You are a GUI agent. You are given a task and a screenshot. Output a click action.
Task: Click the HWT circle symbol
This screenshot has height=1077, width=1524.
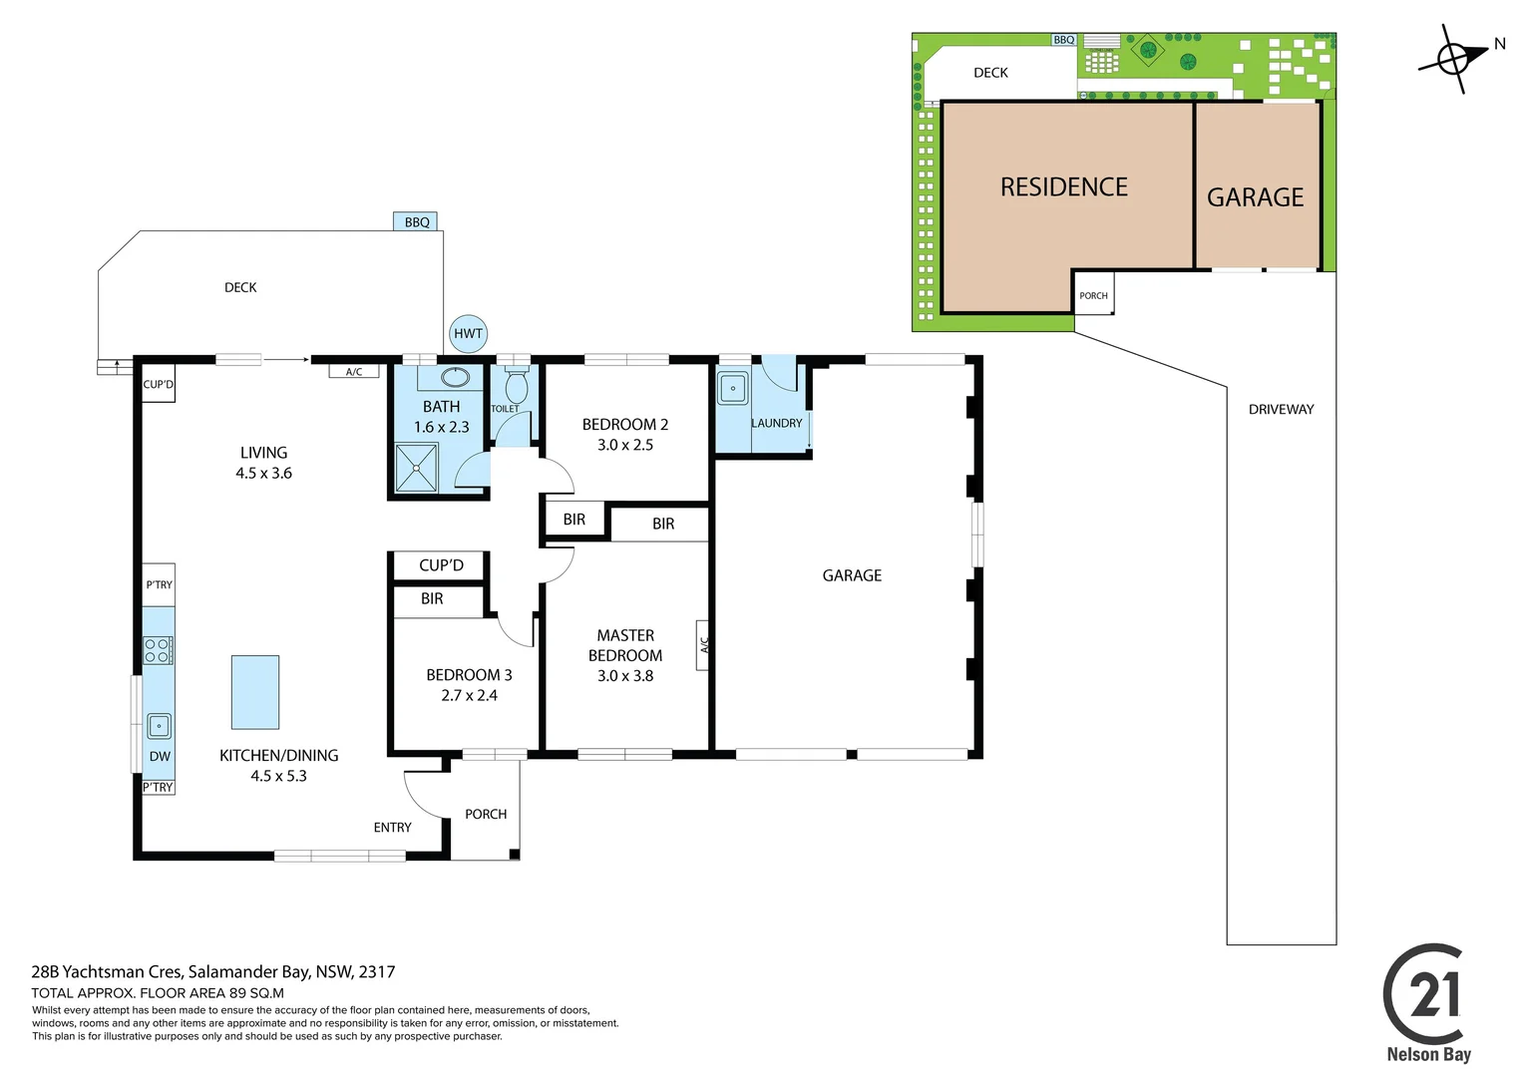point(468,333)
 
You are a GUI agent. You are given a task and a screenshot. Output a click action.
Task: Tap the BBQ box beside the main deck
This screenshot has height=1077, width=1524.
point(415,221)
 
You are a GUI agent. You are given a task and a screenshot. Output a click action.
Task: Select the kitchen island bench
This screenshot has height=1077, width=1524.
point(255,693)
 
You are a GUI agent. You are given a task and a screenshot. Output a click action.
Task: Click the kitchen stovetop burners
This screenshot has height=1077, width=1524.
point(158,650)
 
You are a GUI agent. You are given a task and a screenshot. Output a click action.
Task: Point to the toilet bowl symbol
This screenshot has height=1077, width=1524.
point(516,386)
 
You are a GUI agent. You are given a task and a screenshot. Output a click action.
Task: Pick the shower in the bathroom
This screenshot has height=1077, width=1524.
point(416,468)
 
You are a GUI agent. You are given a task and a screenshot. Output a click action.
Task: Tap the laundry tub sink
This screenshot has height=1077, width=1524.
point(733,389)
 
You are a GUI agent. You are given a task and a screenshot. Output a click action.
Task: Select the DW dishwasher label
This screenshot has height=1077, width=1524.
point(160,757)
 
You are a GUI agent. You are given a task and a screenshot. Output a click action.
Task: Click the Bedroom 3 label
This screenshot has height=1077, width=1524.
point(469,675)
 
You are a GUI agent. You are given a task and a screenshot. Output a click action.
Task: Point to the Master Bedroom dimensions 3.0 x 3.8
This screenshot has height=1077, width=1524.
point(625,676)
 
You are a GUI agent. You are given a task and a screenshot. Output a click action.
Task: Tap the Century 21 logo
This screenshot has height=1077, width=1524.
point(1426,1001)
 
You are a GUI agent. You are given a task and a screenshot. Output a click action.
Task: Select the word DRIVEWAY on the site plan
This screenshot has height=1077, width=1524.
point(1281,410)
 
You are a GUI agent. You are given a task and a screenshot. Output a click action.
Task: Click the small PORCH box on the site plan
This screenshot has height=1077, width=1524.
point(1093,294)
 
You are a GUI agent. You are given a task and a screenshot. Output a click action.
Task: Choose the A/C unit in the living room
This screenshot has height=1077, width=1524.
point(354,372)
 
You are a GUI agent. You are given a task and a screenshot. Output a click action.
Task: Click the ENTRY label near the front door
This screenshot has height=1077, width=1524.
point(393,828)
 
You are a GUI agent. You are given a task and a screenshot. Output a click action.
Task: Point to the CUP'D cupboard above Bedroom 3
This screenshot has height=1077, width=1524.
point(440,565)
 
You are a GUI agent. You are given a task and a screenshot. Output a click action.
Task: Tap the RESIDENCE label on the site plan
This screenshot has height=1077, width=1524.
point(1063,187)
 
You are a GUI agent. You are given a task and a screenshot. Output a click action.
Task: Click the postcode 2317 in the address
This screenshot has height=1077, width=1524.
point(377,971)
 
